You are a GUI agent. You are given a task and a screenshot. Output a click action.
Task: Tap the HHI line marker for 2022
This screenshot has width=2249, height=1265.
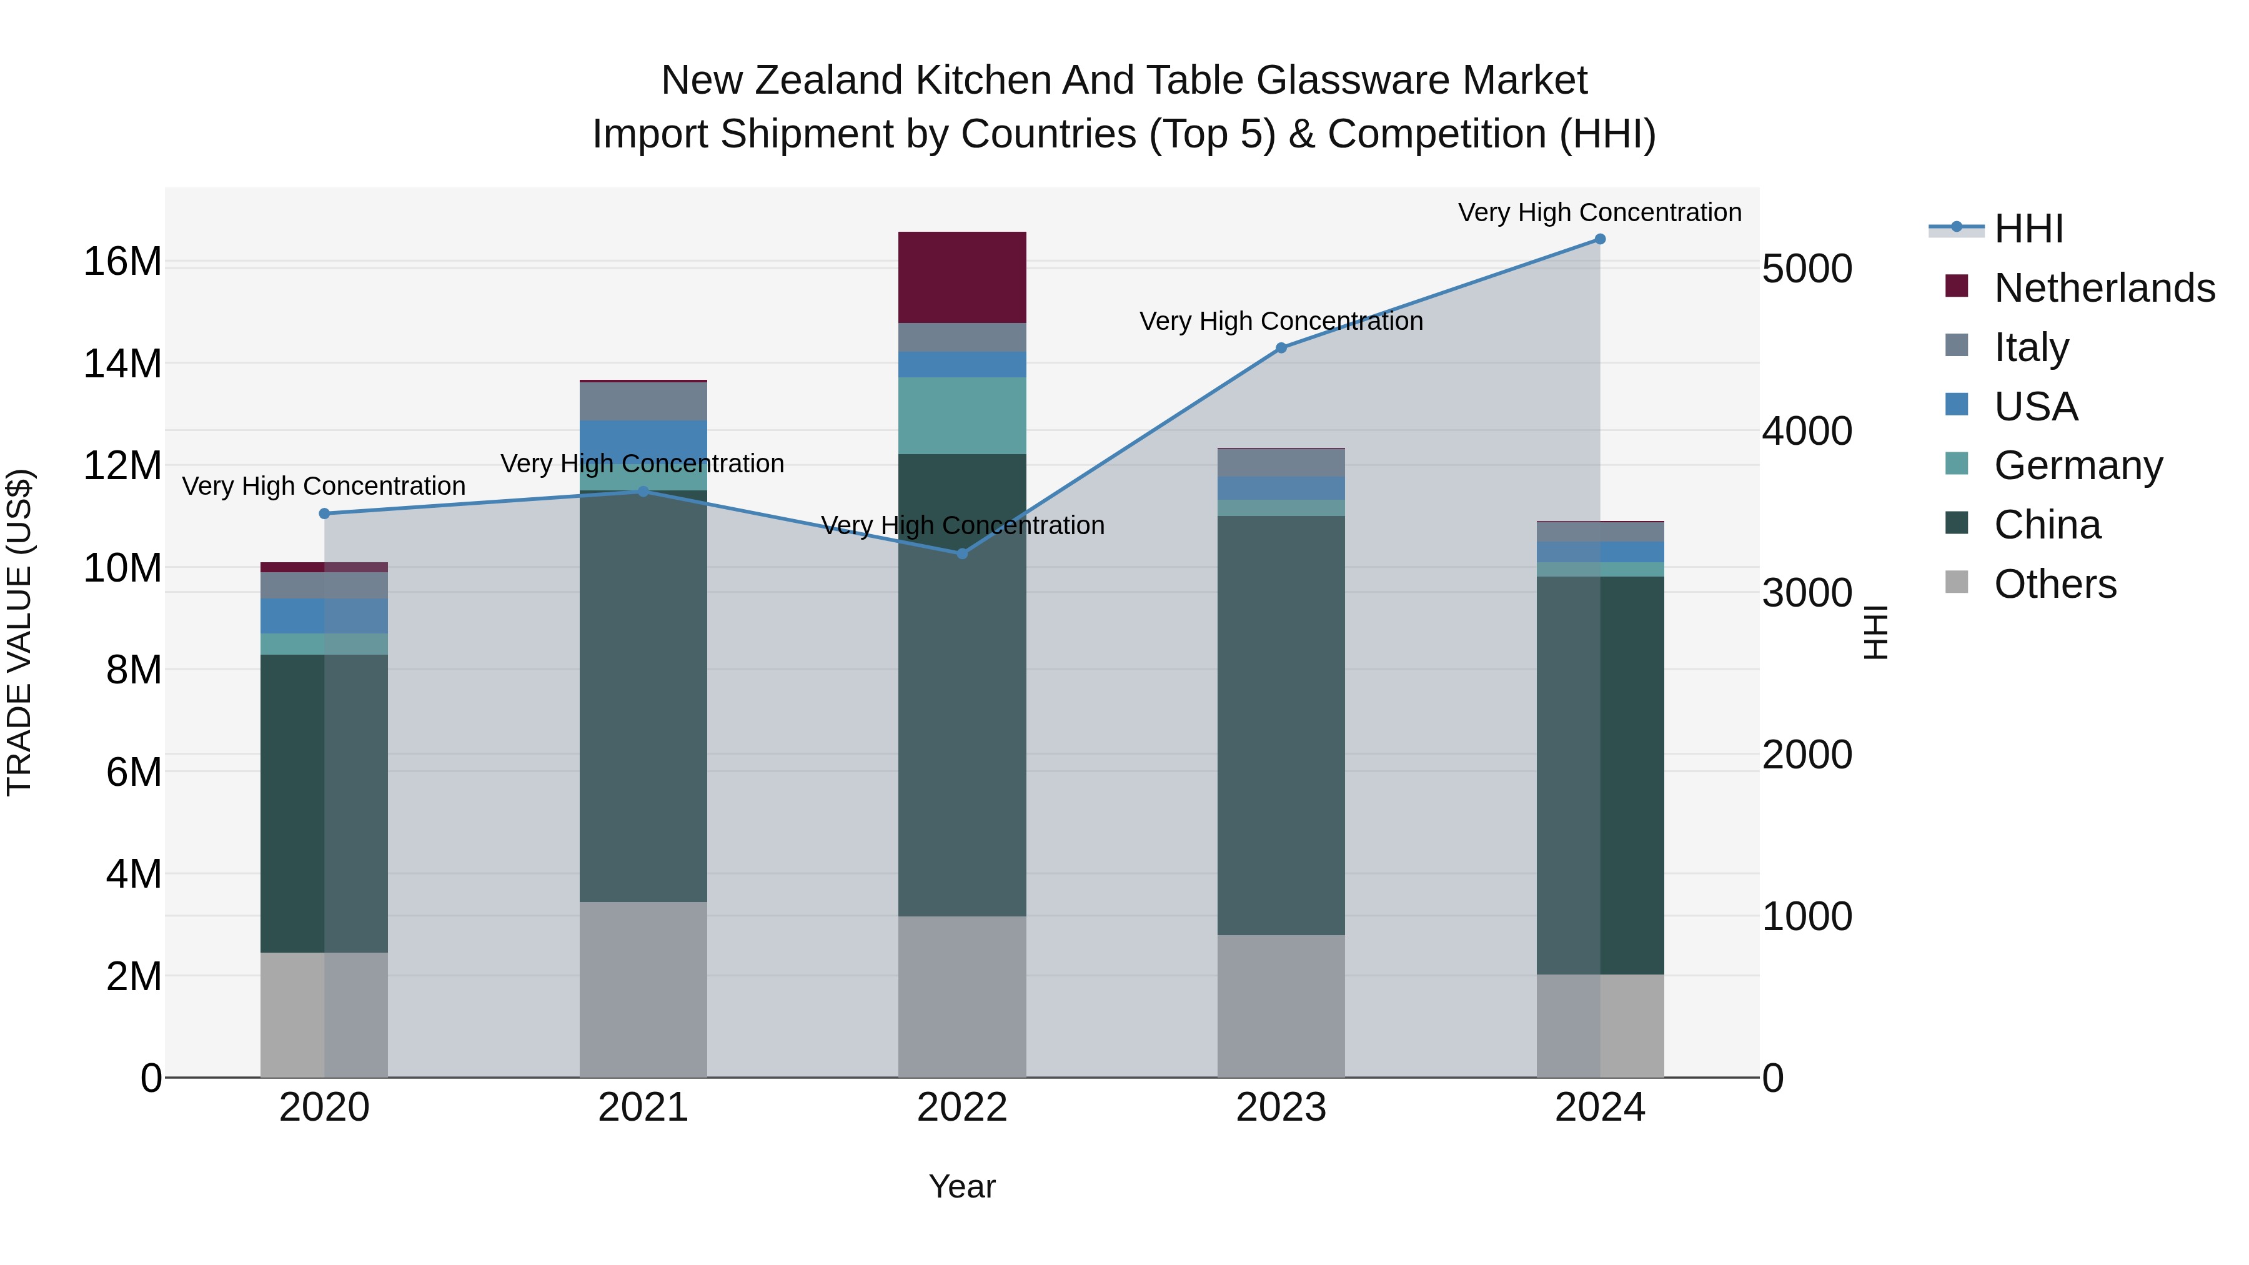click(962, 553)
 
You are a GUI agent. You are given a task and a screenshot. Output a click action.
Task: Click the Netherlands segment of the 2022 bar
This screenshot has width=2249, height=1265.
click(962, 277)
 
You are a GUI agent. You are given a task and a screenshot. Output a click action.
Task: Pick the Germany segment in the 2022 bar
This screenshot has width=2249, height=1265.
click(962, 415)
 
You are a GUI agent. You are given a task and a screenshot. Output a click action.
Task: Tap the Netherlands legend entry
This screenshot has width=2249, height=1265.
click(2104, 288)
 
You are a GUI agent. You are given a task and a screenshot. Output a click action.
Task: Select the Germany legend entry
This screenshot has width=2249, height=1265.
click(2078, 465)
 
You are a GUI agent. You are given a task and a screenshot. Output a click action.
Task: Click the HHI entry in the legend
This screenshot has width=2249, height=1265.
click(2028, 229)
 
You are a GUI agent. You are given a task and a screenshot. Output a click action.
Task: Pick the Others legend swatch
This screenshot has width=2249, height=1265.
click(1957, 582)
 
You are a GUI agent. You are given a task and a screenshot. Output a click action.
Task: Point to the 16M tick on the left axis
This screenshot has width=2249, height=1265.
click(122, 262)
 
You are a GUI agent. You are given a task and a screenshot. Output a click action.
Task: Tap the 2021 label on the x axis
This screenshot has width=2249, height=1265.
click(643, 1108)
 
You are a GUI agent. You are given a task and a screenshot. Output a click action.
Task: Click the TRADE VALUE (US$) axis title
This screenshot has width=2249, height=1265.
click(19, 632)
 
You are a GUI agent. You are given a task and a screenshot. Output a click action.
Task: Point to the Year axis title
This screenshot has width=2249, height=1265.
click(962, 1186)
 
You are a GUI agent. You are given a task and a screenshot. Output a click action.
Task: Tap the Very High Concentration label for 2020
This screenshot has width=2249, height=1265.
click(323, 486)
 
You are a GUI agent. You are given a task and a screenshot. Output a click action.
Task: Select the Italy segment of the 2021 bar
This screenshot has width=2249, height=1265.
click(643, 402)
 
